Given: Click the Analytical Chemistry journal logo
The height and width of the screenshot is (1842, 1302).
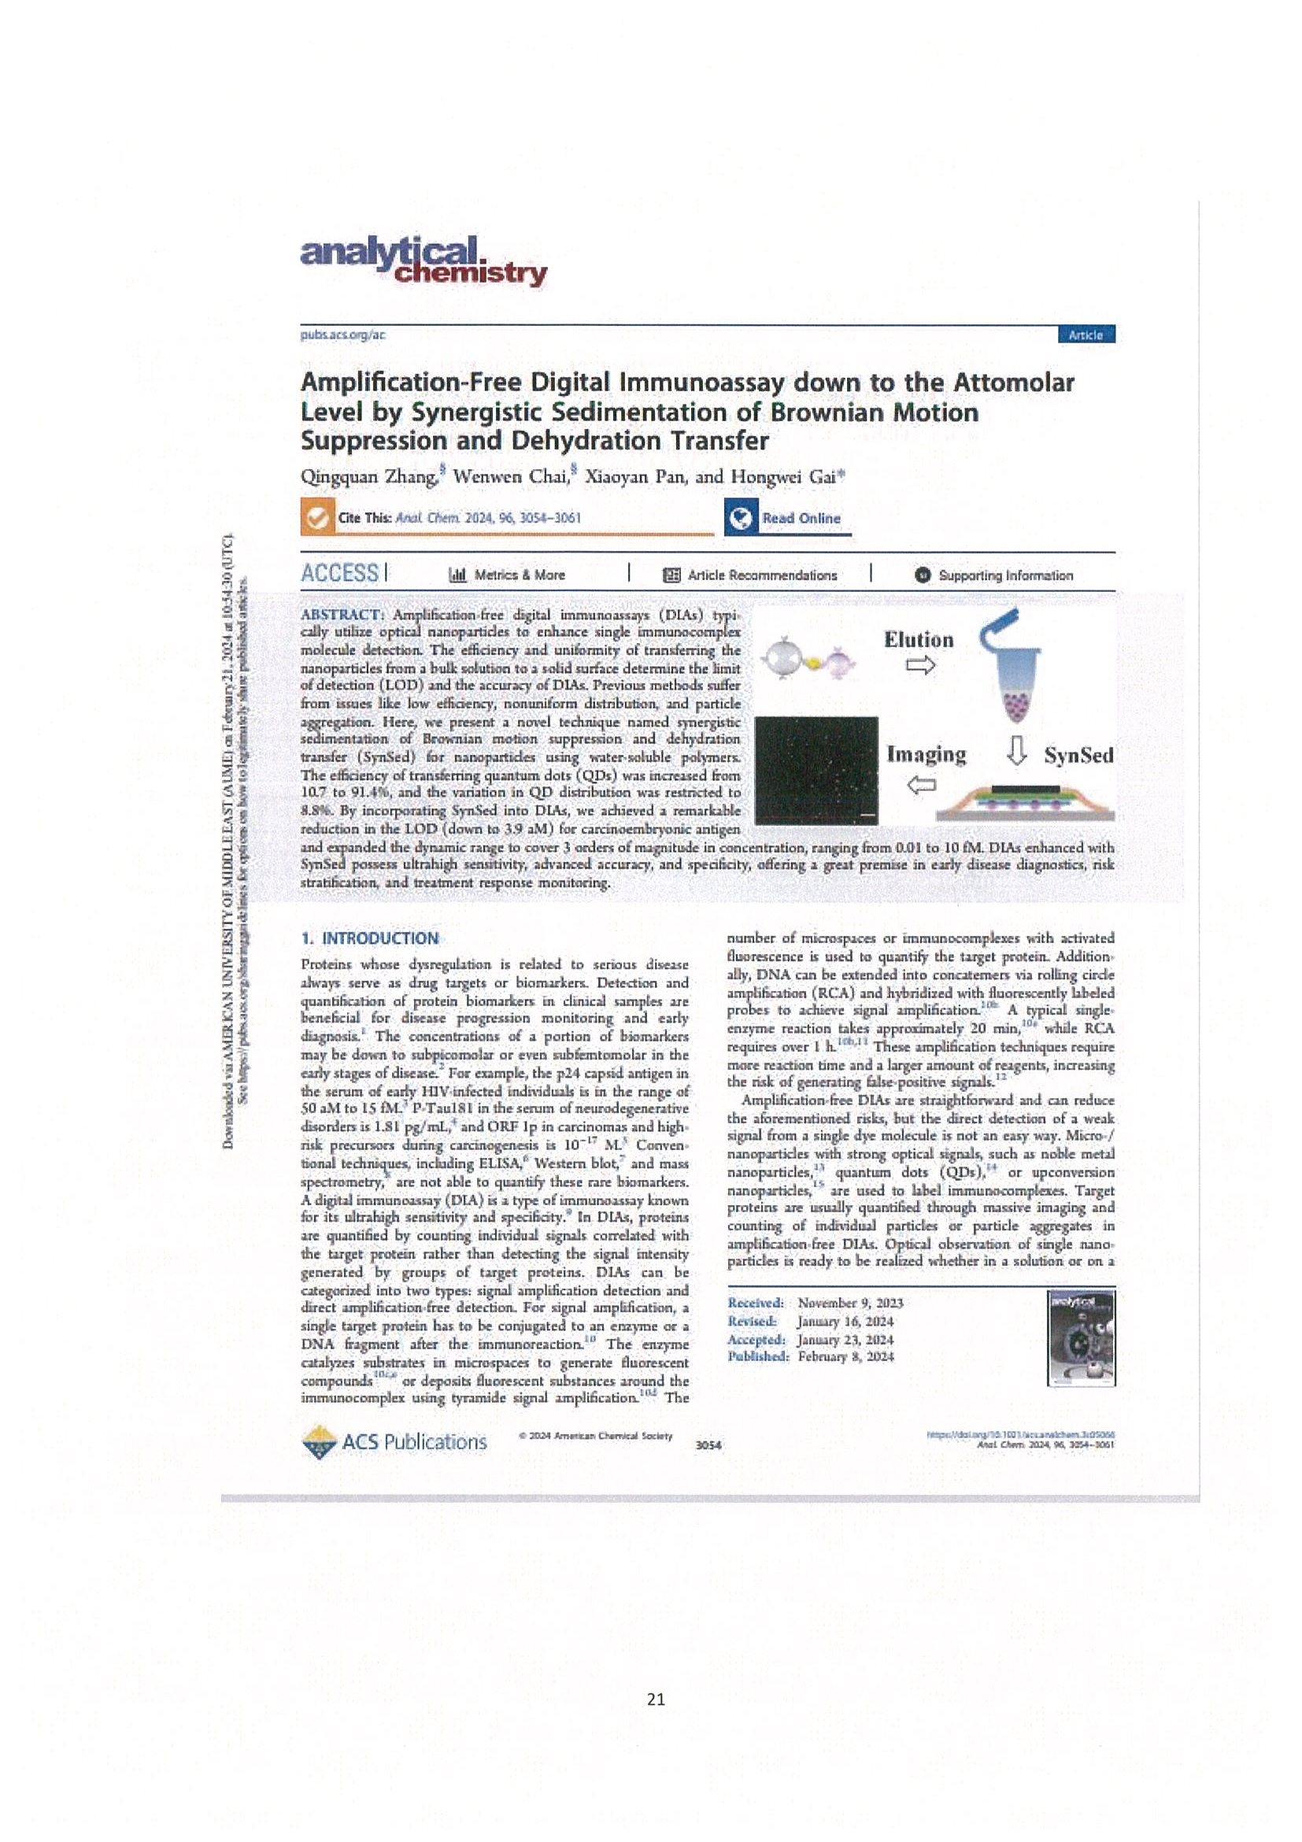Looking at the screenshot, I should tap(423, 261).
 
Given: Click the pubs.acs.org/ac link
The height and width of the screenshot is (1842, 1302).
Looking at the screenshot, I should tap(342, 335).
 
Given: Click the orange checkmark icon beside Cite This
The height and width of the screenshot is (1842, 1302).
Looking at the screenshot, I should tap(318, 517).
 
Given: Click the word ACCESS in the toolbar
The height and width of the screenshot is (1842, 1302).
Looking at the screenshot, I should tap(339, 574).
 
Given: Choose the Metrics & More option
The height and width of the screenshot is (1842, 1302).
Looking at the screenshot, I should tap(507, 575).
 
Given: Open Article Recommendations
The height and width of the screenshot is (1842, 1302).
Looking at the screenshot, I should tap(750, 575).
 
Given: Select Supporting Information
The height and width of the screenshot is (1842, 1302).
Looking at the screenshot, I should tap(995, 575).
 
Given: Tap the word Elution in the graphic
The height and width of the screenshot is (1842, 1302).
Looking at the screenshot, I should tap(919, 640).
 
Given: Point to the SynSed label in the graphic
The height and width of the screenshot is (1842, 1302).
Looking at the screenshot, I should tap(1078, 756).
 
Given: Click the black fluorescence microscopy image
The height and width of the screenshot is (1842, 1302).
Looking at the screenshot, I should tap(816, 770).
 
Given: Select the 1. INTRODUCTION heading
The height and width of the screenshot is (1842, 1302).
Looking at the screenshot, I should tap(370, 938).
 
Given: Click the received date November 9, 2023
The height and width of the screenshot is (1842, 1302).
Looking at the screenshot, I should tap(850, 1303).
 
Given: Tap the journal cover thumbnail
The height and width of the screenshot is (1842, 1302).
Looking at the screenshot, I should tap(1081, 1338).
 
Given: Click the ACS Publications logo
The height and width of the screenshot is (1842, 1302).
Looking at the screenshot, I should tap(394, 1441).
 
